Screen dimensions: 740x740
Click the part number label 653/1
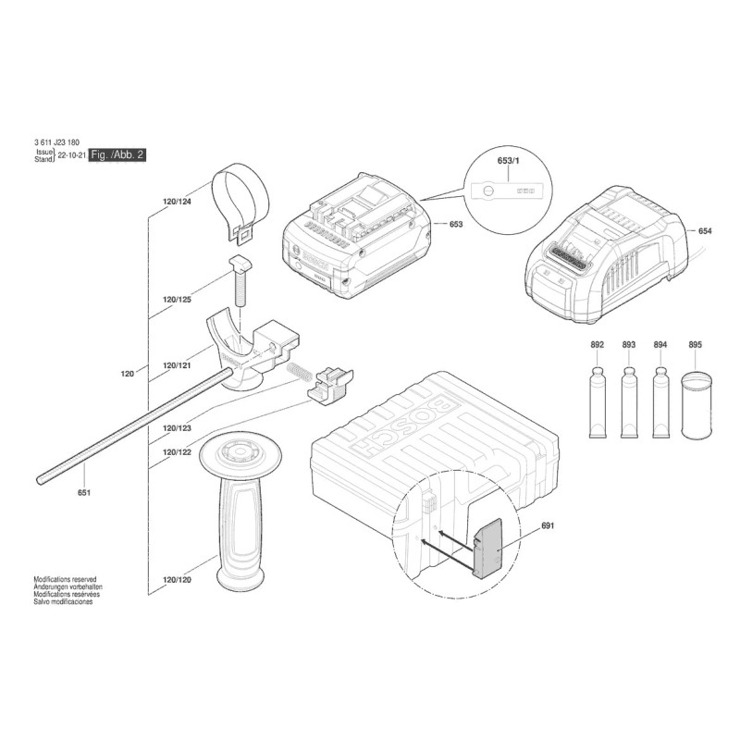pyautogui.click(x=508, y=160)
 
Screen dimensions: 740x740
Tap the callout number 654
pyautogui.click(x=705, y=230)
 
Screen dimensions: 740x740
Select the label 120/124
pyautogui.click(x=177, y=202)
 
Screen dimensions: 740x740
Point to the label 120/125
pyautogui.click(x=177, y=299)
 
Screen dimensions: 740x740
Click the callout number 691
pyautogui.click(x=548, y=525)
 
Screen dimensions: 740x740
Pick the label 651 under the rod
pyautogui.click(x=83, y=493)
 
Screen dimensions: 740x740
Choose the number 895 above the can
pyautogui.click(x=696, y=344)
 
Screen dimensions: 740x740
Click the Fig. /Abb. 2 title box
pyautogui.click(x=117, y=154)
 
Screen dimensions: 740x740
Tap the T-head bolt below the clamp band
pyautogui.click(x=240, y=280)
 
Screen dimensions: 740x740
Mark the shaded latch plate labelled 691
pyautogui.click(x=487, y=548)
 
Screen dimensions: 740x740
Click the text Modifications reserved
pyautogui.click(x=65, y=579)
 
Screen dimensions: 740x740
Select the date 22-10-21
pyautogui.click(x=72, y=154)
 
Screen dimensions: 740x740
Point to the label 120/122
pyautogui.click(x=177, y=452)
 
